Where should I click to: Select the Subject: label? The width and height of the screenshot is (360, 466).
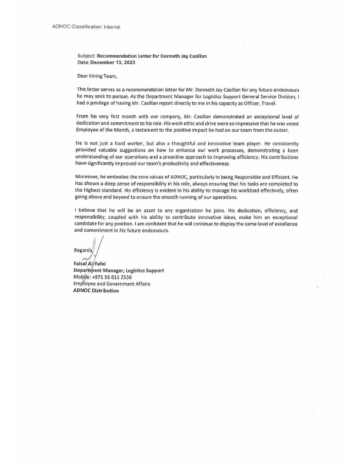tap(86, 55)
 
